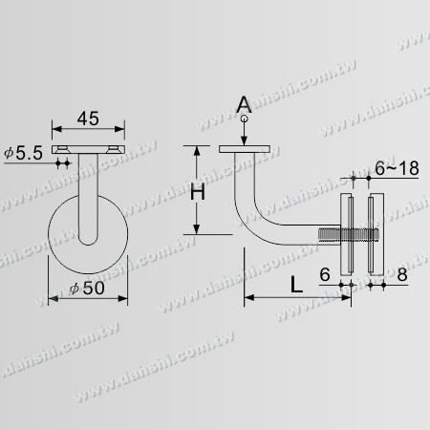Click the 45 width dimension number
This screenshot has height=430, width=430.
(88, 119)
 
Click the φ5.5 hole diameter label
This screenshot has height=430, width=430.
(20, 154)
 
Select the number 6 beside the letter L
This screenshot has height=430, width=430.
(325, 273)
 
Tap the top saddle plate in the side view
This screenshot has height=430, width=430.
(246, 149)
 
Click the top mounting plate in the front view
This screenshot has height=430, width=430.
(88, 150)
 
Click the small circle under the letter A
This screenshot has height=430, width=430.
(246, 120)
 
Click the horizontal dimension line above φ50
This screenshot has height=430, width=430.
(87, 297)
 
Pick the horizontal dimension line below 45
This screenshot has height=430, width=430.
(88, 132)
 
